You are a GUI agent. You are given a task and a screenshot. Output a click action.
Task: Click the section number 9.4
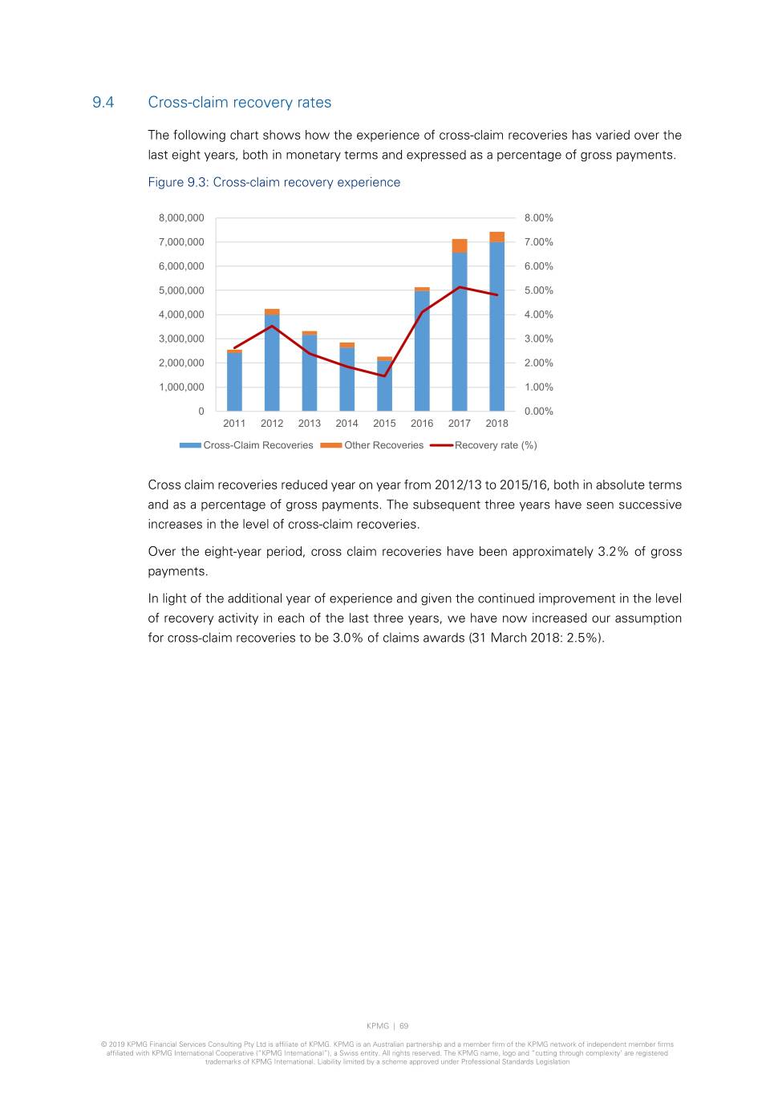103,103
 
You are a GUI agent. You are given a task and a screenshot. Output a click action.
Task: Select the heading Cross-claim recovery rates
239,103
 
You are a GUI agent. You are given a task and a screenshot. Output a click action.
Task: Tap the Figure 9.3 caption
274,182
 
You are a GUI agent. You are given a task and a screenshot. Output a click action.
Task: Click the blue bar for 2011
234,382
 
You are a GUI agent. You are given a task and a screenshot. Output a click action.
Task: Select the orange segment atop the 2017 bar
460,245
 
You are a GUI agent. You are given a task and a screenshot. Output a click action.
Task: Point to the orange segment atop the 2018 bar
497,237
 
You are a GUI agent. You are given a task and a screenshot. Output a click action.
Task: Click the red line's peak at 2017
460,287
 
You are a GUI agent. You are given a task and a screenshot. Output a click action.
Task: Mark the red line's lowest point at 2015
384,375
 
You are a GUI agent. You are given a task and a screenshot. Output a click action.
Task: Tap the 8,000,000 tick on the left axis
181,218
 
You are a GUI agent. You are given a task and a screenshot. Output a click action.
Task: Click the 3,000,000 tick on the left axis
181,339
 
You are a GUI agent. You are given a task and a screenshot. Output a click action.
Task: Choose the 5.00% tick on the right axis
538,290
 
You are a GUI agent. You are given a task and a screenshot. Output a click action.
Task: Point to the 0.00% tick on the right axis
538,412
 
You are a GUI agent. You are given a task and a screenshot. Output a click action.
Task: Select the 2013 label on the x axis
310,424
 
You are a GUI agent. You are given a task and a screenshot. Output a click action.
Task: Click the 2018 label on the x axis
497,424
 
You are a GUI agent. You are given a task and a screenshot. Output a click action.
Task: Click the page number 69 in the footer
404,1026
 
